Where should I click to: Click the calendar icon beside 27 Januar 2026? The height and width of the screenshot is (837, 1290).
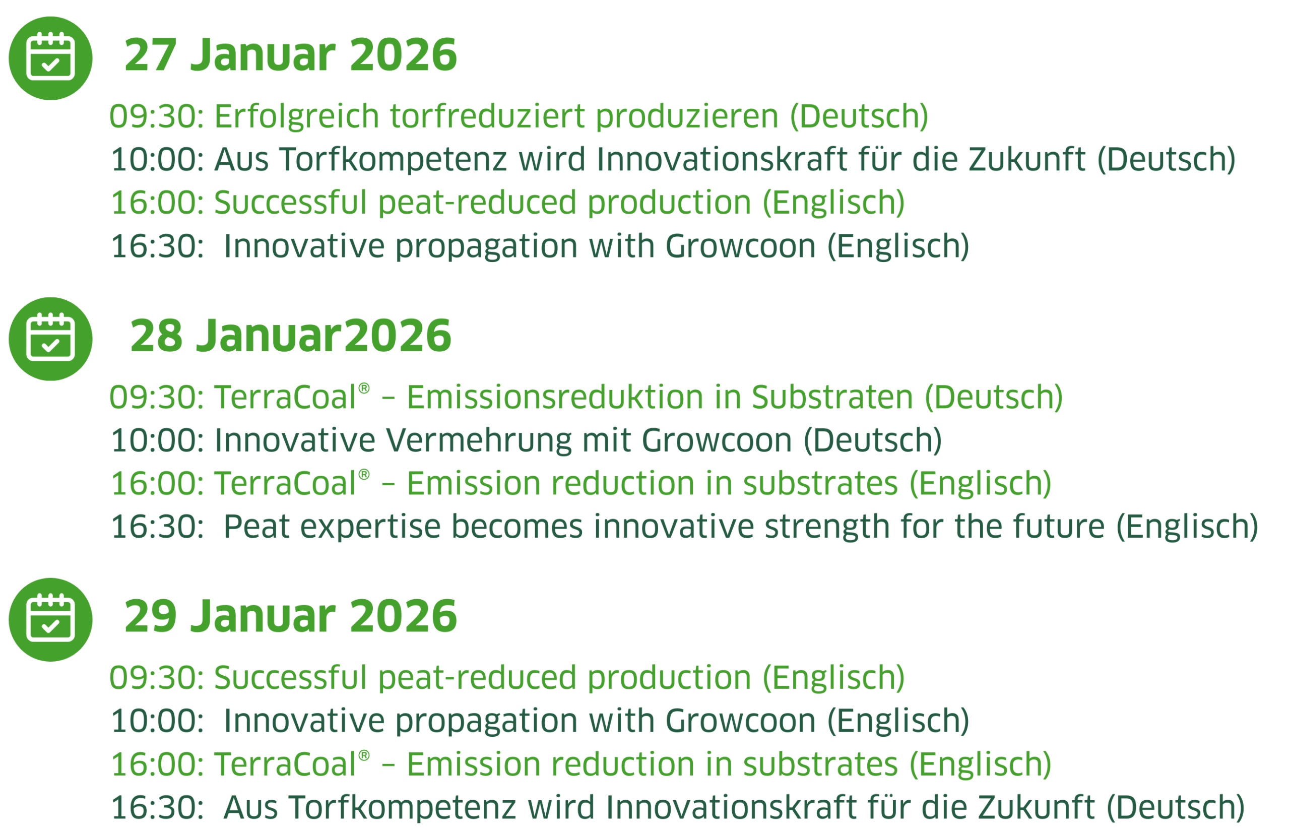(50, 58)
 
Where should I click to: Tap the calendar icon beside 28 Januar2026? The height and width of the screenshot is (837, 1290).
(50, 339)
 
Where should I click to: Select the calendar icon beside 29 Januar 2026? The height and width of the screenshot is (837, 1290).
(50, 620)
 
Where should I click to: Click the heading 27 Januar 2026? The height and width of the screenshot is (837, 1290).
(291, 55)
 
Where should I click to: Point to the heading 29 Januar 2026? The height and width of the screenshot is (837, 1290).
(291, 616)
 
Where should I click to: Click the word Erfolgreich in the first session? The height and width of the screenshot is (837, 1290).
(296, 116)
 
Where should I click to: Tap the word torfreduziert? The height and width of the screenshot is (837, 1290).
(488, 116)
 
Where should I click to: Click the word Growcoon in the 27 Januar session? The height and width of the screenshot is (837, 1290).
(740, 246)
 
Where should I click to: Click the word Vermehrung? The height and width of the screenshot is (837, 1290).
(479, 440)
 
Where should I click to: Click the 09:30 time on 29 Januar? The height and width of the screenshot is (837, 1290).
(157, 678)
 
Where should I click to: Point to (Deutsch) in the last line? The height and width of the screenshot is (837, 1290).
(1176, 808)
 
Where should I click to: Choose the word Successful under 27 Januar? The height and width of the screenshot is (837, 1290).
(291, 203)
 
